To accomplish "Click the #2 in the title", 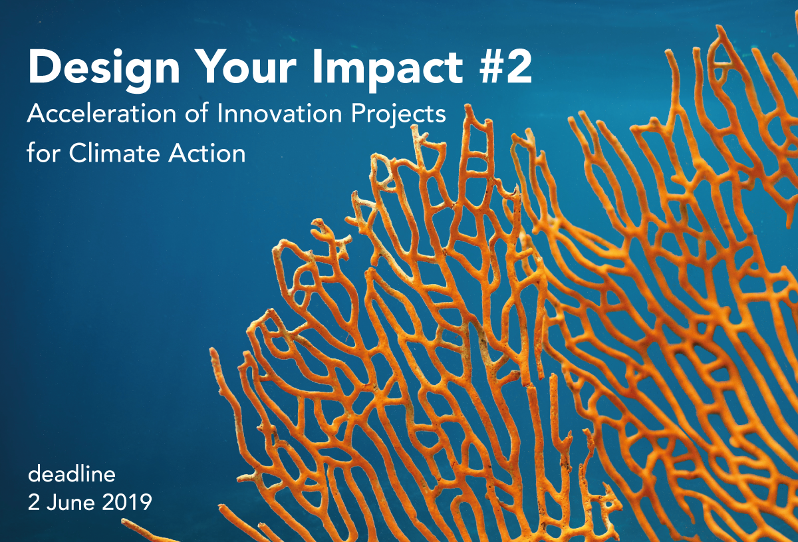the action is pos(505,67).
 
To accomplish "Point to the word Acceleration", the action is pos(102,114).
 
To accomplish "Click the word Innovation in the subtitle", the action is pos(279,114).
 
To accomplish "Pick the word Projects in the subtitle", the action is pos(398,116).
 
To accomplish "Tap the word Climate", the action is pos(114,154).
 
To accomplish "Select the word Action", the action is pos(207,154).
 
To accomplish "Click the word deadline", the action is pos(72,474).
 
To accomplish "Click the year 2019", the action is pos(127,503).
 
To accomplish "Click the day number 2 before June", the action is pos(33,503).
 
